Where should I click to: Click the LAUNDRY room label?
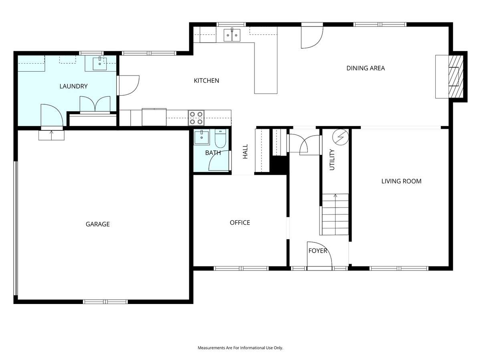(73, 86)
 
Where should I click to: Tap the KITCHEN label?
(206, 81)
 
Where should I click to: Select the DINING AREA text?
(366, 68)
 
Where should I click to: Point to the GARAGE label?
(97, 224)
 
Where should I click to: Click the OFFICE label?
(240, 222)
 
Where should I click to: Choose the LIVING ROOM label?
(401, 181)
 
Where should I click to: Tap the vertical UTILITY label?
(332, 160)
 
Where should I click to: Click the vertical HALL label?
(245, 151)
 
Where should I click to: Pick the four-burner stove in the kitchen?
(196, 118)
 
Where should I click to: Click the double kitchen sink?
(232, 35)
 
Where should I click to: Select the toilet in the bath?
(220, 138)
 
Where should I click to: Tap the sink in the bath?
(202, 137)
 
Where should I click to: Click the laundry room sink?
(100, 63)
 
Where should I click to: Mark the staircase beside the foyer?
(334, 214)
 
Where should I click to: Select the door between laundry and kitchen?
(128, 86)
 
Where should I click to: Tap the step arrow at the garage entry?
(51, 135)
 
